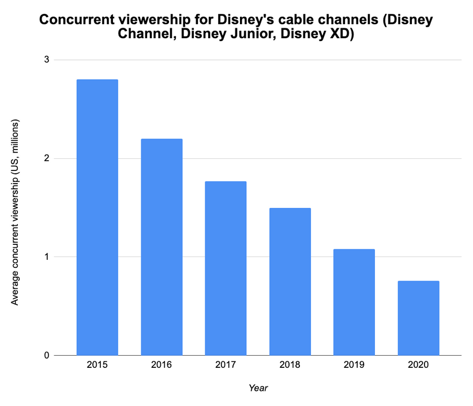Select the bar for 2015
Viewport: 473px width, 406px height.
tap(97, 218)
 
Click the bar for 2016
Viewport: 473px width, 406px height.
tap(162, 247)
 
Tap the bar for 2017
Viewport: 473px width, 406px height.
tap(226, 269)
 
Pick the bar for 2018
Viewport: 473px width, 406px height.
tap(290, 282)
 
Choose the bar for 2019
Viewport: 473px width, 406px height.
tap(354, 303)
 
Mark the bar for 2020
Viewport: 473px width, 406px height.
tap(418, 318)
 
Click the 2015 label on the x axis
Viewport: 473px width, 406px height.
tap(97, 365)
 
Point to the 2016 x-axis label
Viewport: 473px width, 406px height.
tap(162, 365)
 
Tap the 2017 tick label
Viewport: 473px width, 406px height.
tap(226, 365)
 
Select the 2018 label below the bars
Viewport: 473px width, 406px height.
tap(290, 365)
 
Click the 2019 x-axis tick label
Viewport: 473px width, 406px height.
tap(354, 365)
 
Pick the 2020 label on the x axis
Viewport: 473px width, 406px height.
tap(418, 365)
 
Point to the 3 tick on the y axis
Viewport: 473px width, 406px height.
tap(47, 59)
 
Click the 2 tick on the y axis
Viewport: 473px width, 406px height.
tap(47, 158)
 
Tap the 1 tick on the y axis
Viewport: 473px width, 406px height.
tap(47, 257)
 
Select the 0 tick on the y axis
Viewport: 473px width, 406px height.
tap(47, 355)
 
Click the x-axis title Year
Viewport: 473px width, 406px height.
tap(258, 388)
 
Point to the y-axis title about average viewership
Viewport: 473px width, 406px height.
tap(15, 213)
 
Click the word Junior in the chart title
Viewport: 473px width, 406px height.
tap(254, 34)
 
